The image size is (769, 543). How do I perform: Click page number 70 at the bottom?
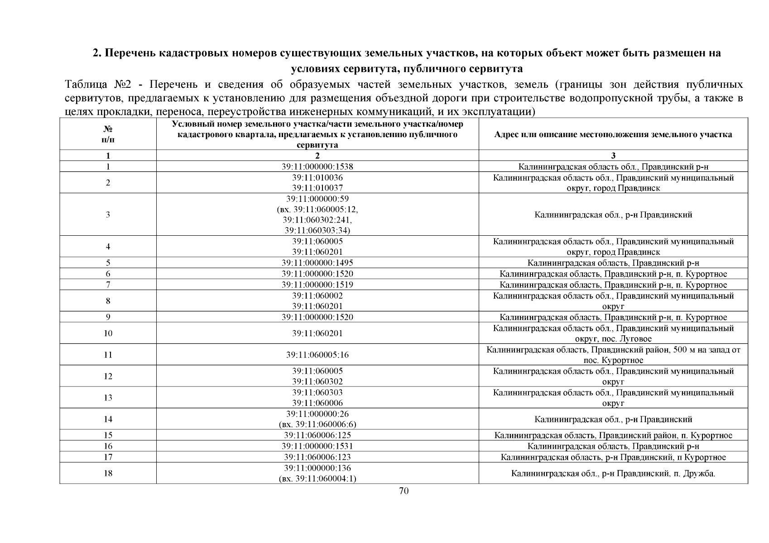coord(404,491)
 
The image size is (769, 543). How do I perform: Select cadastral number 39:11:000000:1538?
coord(317,167)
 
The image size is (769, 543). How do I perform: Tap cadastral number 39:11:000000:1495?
coord(317,263)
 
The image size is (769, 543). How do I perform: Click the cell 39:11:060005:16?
coord(317,355)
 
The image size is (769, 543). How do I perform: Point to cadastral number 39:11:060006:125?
coord(317,435)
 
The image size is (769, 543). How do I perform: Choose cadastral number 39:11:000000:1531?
coord(317,446)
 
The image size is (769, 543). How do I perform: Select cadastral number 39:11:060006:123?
coord(317,457)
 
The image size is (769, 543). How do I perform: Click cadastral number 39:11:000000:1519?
coord(317,285)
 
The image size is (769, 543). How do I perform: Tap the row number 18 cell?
coord(108,473)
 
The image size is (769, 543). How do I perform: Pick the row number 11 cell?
coord(108,355)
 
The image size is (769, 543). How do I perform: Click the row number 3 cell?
coord(108,214)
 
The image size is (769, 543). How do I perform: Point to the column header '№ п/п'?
coord(108,134)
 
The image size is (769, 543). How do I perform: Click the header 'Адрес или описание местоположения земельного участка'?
coord(613,134)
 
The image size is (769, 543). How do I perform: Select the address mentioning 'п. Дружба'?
coord(613,473)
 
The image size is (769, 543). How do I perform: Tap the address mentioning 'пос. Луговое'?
coord(613,333)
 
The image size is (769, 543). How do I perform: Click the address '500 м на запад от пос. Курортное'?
coord(613,355)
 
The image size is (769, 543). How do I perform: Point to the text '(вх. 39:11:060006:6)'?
coord(317,424)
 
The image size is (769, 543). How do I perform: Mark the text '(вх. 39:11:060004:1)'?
coord(317,479)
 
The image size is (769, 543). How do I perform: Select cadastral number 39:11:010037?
coord(317,188)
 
